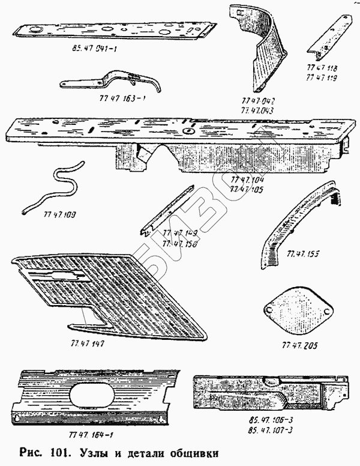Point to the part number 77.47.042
[x=253, y=103]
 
